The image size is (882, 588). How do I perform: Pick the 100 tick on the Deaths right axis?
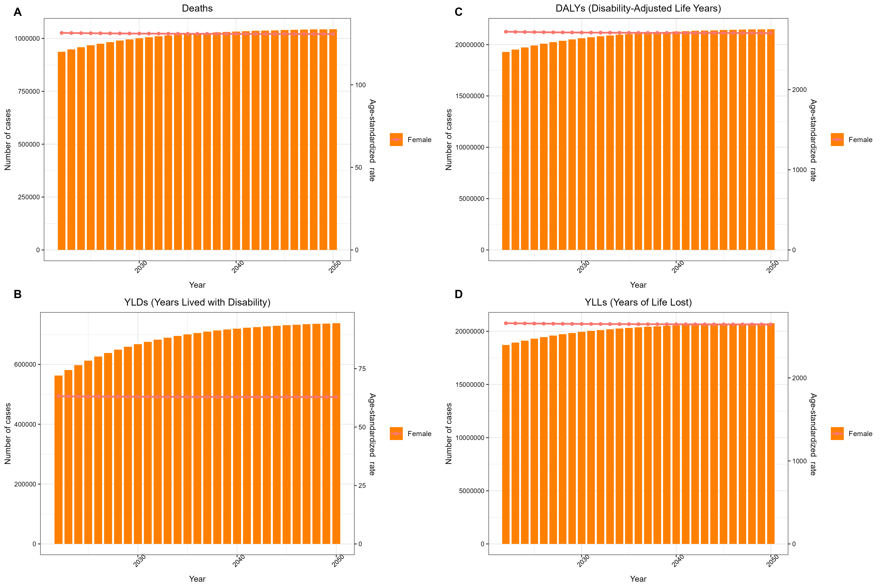click(x=360, y=85)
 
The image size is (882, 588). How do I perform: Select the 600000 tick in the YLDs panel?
click(x=25, y=365)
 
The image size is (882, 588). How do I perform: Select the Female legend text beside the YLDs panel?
click(x=419, y=434)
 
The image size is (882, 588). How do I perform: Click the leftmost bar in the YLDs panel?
click(x=58, y=459)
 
